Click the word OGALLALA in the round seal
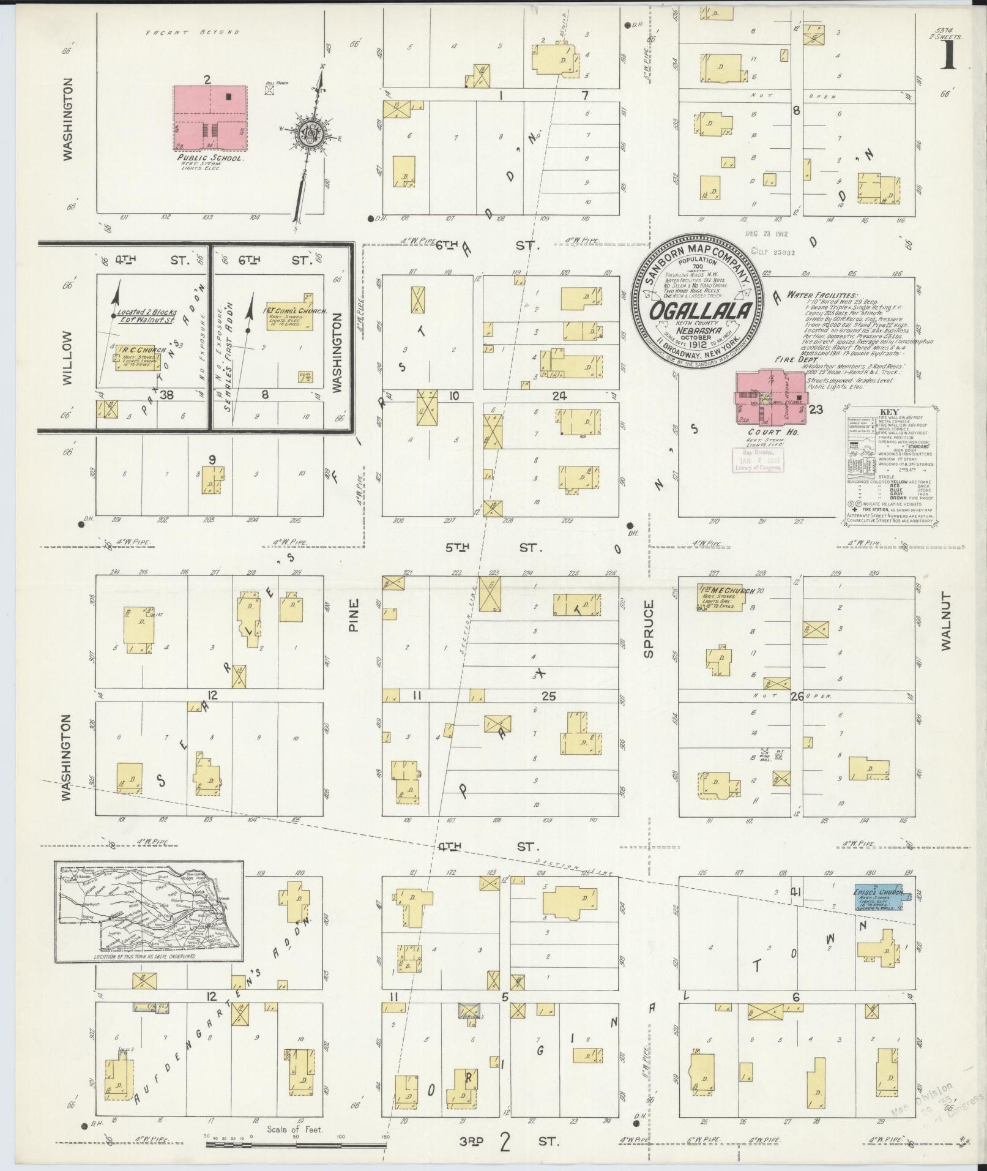click(701, 312)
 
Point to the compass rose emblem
click(310, 132)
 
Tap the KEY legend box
click(890, 465)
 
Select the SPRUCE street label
click(648, 629)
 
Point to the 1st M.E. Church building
click(720, 597)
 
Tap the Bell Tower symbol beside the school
click(269, 90)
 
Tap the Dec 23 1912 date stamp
click(767, 233)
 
